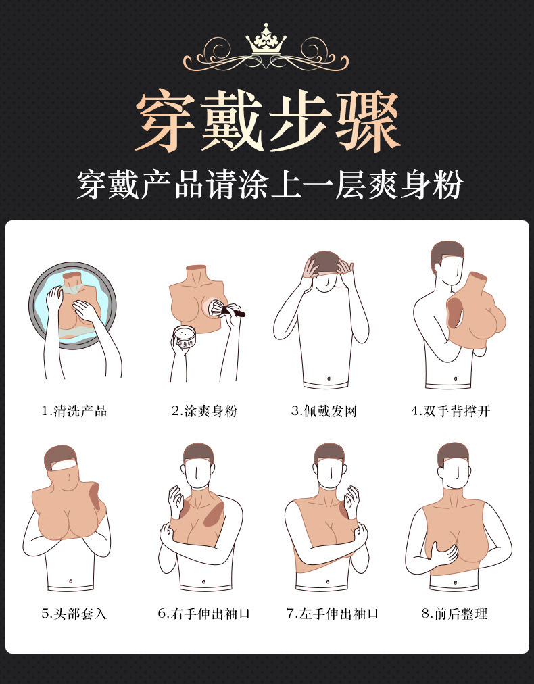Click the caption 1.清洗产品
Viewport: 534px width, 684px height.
point(74,411)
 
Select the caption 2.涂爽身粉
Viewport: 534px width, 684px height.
point(204,411)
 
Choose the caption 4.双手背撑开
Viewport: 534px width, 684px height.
point(450,411)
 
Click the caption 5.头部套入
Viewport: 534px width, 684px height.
point(74,614)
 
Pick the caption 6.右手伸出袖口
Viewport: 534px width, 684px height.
point(204,614)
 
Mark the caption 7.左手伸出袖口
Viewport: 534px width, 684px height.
point(332,614)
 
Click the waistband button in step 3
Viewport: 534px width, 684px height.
point(327,378)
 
